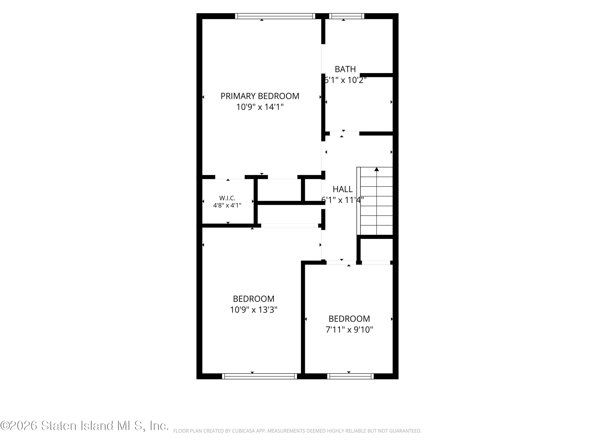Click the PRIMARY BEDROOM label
coord(260,96)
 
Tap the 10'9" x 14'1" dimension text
coord(260,107)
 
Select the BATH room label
coord(345,69)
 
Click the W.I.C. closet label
coord(227,198)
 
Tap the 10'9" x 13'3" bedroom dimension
coord(254,310)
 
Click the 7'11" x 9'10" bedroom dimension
coord(349,330)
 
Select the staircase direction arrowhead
coord(377,169)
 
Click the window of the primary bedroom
coord(275,16)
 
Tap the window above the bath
coord(346,16)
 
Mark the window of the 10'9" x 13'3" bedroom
coord(260,376)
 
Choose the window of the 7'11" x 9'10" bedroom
coord(350,376)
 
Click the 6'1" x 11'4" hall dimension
coord(343,200)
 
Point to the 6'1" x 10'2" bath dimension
coord(345,80)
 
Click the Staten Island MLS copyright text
coord(84,426)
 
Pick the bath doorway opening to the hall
coord(345,133)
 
